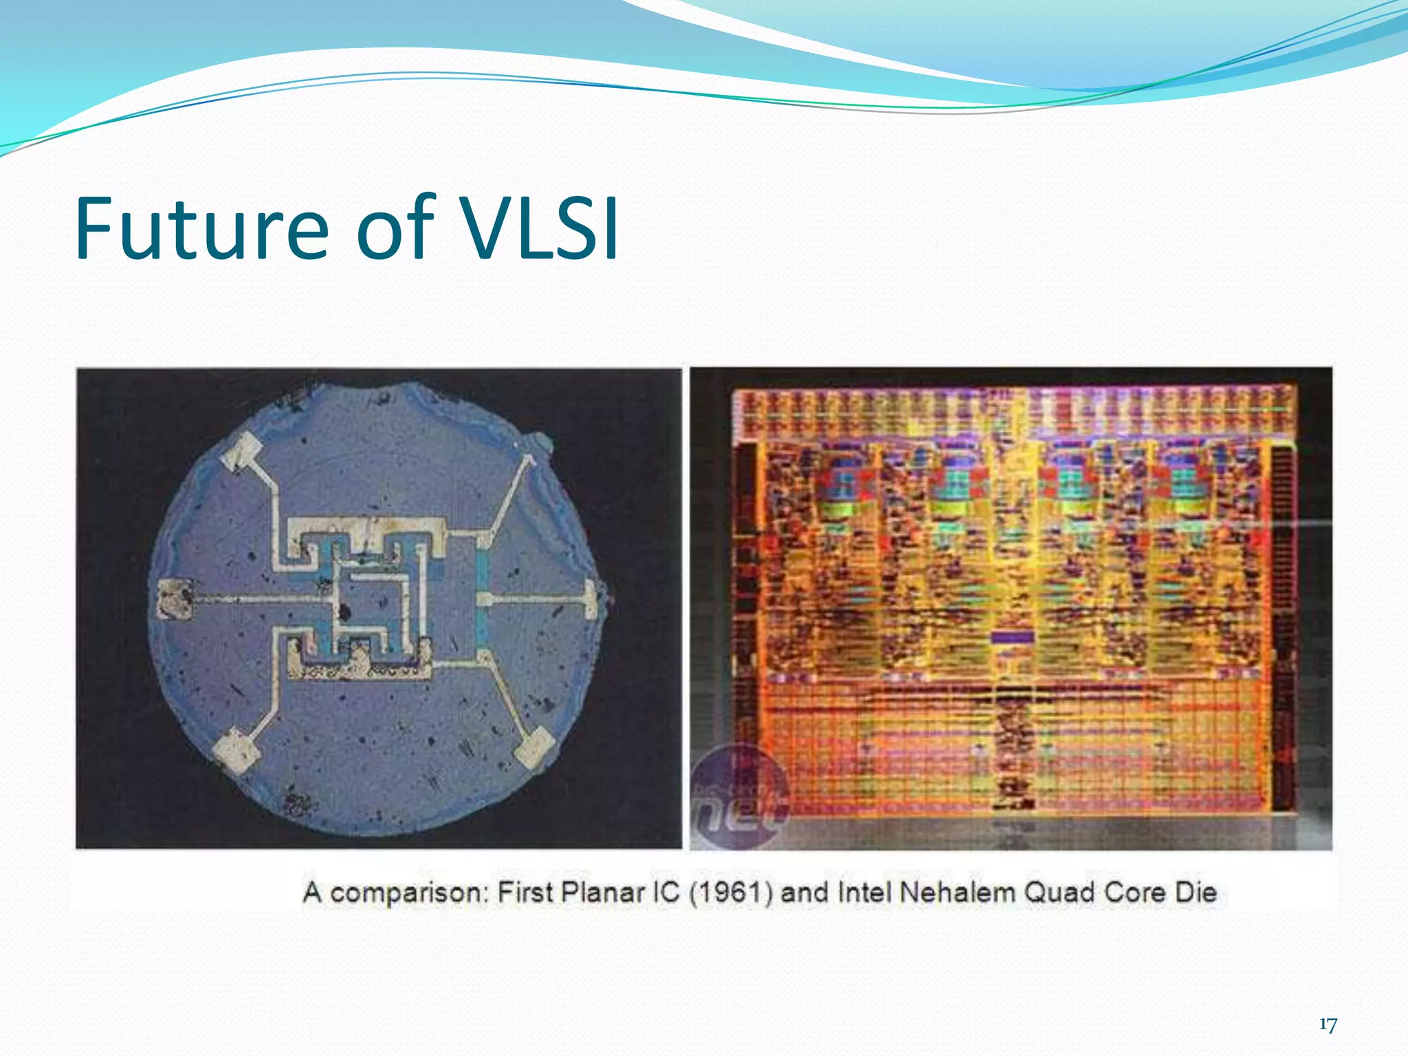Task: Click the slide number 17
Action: pos(1328,1025)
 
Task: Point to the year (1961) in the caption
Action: pos(731,893)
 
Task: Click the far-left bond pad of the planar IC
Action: pos(175,599)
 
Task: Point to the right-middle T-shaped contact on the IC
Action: pos(590,598)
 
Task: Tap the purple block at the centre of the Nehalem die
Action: pos(1012,638)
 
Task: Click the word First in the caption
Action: pos(525,893)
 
